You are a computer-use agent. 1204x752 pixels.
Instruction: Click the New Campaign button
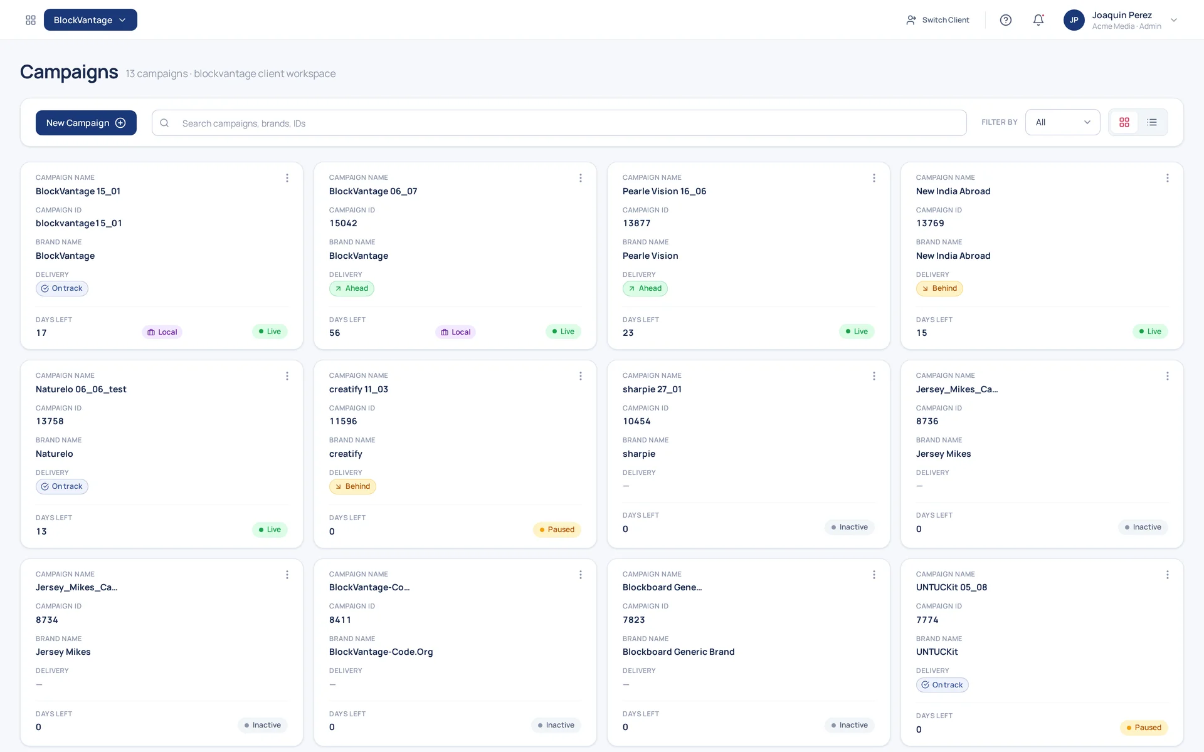point(86,123)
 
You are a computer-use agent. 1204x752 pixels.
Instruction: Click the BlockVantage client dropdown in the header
point(90,20)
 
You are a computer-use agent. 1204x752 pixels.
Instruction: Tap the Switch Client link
point(937,20)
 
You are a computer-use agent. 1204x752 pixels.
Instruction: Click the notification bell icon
point(1038,20)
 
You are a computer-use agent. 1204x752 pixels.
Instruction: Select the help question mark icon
point(1006,20)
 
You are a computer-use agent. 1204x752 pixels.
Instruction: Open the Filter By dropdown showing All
point(1062,122)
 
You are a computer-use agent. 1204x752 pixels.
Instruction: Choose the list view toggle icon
point(1152,122)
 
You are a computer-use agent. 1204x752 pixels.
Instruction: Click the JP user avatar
point(1074,20)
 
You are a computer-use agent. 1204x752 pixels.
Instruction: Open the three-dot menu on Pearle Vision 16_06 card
point(874,178)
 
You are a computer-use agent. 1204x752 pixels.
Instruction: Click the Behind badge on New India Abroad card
point(939,288)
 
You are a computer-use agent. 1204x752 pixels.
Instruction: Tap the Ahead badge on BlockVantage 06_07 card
point(352,288)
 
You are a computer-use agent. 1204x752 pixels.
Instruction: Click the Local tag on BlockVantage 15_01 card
point(162,332)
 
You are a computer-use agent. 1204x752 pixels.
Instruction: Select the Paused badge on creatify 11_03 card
point(557,530)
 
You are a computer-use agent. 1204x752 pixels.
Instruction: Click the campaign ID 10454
point(636,421)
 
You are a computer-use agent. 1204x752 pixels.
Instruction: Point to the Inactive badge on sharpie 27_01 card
point(849,527)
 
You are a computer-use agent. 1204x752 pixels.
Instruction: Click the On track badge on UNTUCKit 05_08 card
point(942,685)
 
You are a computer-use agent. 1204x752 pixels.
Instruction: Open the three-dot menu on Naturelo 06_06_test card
point(287,376)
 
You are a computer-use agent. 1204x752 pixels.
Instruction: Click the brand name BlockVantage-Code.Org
point(381,652)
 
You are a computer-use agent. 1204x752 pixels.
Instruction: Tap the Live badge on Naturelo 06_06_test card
point(270,530)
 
